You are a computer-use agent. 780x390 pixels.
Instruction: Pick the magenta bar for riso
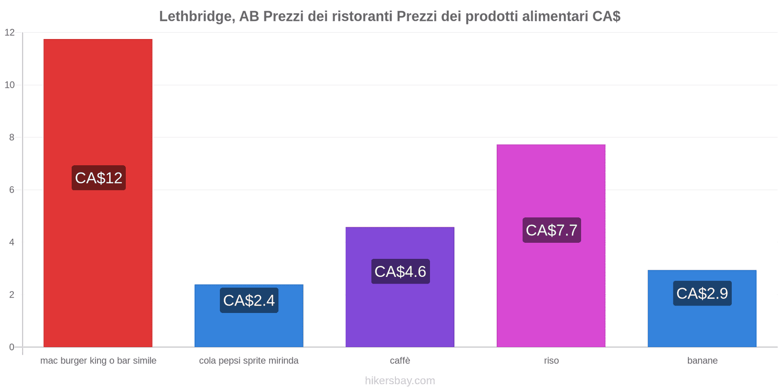[551, 185]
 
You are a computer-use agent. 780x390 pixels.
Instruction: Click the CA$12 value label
[98, 178]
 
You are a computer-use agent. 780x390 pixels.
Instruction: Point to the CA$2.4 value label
[249, 300]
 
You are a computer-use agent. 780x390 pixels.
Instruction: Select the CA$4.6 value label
[400, 272]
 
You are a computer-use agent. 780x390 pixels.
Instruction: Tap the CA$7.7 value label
[551, 230]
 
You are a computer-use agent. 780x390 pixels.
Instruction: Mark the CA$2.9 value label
[702, 293]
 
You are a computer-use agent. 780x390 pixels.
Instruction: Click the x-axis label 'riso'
[551, 361]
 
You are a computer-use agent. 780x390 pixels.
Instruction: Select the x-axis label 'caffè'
[400, 361]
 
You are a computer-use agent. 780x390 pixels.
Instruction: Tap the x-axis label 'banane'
[702, 361]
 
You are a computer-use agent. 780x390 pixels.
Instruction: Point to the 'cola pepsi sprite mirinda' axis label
[249, 361]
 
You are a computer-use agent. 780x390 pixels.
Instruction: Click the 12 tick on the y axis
[10, 33]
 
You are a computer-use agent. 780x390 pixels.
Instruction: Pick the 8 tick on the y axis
[12, 137]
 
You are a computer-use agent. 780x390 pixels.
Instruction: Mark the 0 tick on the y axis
[12, 347]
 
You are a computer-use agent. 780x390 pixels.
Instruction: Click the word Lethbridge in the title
[194, 17]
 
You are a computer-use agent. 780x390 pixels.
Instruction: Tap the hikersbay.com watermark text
[400, 381]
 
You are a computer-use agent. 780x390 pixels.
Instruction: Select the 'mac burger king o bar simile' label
[98, 361]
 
